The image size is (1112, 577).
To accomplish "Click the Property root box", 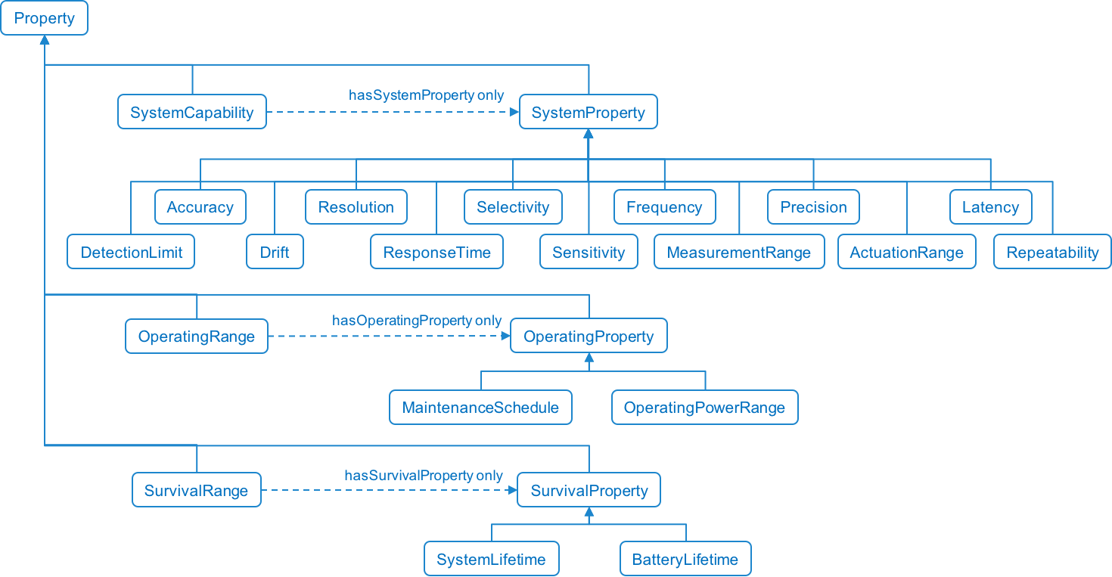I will (44, 18).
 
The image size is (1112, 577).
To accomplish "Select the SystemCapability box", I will (192, 112).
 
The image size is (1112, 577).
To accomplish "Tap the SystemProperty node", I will (588, 112).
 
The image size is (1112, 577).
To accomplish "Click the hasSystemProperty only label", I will (426, 95).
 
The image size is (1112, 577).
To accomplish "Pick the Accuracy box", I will (200, 207).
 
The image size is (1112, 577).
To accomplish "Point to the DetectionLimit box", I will (132, 253).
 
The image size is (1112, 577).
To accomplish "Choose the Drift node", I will (275, 253).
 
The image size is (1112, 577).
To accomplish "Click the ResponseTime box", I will (436, 253).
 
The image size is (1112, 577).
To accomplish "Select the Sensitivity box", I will (589, 253).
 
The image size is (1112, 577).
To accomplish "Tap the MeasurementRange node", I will (739, 253).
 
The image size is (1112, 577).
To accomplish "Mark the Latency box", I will (990, 207).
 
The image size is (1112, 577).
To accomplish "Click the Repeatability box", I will (1052, 253).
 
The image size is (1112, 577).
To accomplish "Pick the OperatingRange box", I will (197, 337).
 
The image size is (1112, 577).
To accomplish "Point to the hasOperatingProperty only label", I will (417, 321).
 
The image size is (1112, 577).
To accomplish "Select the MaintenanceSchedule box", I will (480, 408).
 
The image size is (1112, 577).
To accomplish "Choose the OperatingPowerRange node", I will (704, 408).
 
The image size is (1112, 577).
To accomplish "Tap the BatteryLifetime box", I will (685, 560).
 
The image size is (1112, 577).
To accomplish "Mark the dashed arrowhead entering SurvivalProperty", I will (512, 490).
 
